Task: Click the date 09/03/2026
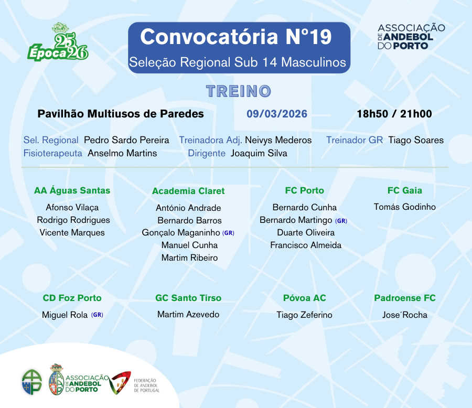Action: [x=277, y=114]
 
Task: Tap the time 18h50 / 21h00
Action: [x=394, y=114]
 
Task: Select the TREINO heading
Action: [x=239, y=91]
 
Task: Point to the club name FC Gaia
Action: [x=404, y=190]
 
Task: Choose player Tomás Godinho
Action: [x=404, y=207]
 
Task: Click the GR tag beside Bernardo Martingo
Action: [x=341, y=221]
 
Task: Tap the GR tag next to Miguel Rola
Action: [x=97, y=315]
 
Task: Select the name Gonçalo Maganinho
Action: [x=181, y=233]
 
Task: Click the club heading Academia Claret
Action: [x=188, y=191]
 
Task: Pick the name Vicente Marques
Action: [x=72, y=232]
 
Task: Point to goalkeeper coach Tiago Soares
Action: [x=416, y=140]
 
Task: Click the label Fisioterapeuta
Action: [x=52, y=153]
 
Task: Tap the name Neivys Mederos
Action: [x=278, y=140]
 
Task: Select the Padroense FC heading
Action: [x=404, y=298]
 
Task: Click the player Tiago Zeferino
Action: [x=304, y=315]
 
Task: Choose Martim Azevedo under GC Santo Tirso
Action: [x=188, y=314]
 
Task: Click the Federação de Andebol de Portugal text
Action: [x=147, y=385]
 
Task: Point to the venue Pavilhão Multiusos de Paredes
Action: [x=121, y=114]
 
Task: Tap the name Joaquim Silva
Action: [x=259, y=153]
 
